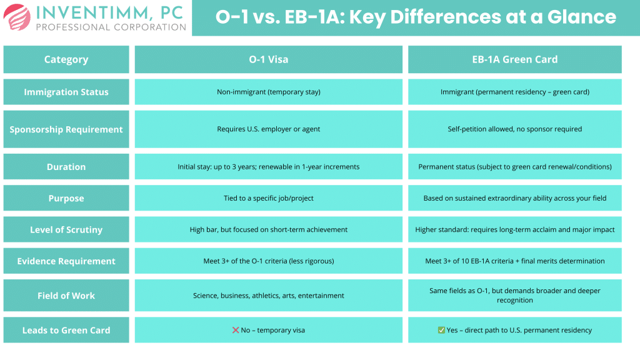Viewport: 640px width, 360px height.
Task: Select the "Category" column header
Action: pos(66,60)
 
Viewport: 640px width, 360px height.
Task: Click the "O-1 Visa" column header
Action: pos(269,60)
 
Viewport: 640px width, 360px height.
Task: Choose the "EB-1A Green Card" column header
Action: pos(515,60)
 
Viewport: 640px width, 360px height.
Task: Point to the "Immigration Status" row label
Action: pos(66,92)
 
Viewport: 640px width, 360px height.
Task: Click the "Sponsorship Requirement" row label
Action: pos(66,129)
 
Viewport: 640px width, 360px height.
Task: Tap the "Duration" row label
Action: pos(66,167)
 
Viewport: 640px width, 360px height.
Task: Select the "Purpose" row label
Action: pos(66,198)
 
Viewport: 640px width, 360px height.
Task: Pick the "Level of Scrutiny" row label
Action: pos(66,229)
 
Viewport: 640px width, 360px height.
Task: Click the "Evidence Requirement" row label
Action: pos(66,261)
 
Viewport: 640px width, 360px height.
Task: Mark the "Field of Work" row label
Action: pos(66,296)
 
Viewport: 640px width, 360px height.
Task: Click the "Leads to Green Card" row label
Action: pos(66,330)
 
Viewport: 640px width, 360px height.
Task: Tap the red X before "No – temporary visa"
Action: pos(236,330)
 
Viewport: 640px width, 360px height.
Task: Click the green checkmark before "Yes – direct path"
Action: pos(441,330)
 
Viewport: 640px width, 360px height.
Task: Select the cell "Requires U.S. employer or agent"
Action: pos(269,129)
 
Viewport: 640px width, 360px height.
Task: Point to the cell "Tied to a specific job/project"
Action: pos(269,198)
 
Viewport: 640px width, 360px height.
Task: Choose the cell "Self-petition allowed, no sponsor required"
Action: pos(515,129)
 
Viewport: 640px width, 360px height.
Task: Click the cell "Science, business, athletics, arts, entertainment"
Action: pos(269,296)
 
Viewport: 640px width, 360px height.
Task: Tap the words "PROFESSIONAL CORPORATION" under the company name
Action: pos(111,27)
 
